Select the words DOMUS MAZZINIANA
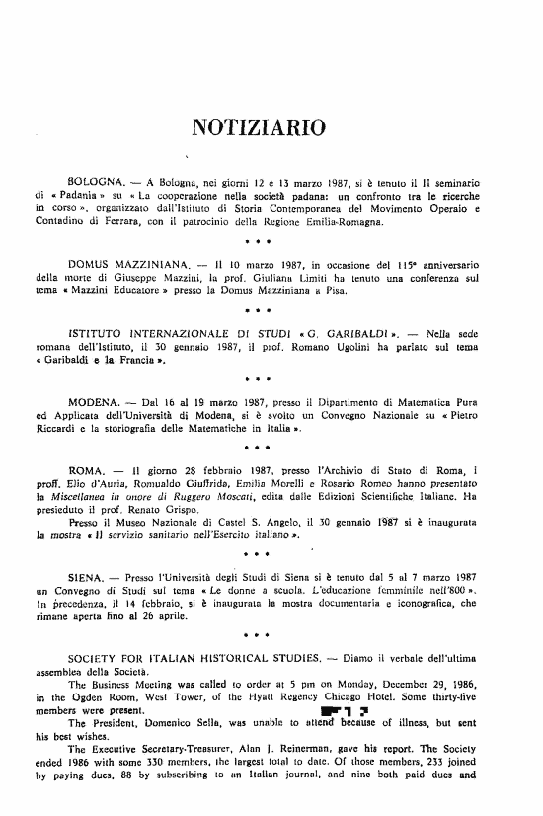pos(128,266)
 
